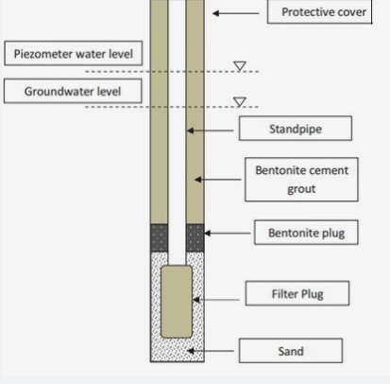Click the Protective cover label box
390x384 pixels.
click(x=320, y=11)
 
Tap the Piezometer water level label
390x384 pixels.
click(x=74, y=53)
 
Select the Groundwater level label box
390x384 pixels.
click(x=73, y=91)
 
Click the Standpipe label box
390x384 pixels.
click(x=296, y=129)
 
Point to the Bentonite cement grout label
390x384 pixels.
click(x=301, y=180)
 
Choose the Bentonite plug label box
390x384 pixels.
click(x=306, y=233)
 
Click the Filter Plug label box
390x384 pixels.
click(x=297, y=293)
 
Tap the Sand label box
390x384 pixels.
click(x=291, y=351)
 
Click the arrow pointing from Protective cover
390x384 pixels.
click(x=236, y=13)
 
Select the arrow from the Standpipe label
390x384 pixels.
click(x=211, y=131)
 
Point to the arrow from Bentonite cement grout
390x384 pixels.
click(x=218, y=180)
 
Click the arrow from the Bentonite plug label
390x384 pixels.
click(x=228, y=234)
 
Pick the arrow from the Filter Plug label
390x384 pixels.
click(x=216, y=300)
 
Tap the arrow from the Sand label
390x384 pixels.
click(x=211, y=351)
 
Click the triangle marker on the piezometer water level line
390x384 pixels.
click(x=240, y=66)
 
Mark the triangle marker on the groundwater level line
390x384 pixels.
click(x=240, y=101)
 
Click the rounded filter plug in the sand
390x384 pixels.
click(x=177, y=302)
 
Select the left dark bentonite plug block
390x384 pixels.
click(x=160, y=237)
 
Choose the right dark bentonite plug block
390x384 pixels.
click(x=195, y=237)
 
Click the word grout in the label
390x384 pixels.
click(x=301, y=189)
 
